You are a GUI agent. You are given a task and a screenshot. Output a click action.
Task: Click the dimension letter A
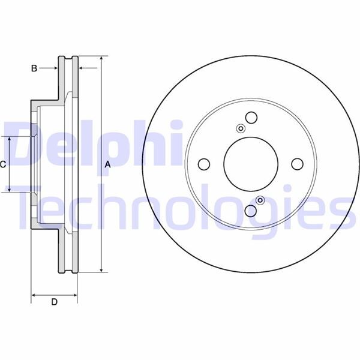(x=108, y=164)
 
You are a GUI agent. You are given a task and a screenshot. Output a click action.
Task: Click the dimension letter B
(x=34, y=68)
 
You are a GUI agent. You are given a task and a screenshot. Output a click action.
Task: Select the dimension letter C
(x=3, y=164)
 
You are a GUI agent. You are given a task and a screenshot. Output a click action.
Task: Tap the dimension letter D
(x=54, y=302)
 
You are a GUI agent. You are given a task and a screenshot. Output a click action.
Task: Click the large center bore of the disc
(x=251, y=163)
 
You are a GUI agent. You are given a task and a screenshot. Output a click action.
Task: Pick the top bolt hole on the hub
(x=251, y=118)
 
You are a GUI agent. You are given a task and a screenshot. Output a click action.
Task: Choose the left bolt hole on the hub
(x=204, y=164)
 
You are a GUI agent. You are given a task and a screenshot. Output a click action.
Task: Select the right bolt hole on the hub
(x=297, y=164)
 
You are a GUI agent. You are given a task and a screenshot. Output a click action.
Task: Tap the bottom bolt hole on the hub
(x=251, y=210)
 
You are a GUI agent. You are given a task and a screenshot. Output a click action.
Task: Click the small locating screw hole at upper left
(x=241, y=128)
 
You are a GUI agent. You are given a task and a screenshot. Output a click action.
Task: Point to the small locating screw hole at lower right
(x=260, y=200)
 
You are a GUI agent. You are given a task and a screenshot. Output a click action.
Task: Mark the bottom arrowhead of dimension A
(x=101, y=269)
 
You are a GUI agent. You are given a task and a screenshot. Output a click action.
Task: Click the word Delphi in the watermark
(x=90, y=144)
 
